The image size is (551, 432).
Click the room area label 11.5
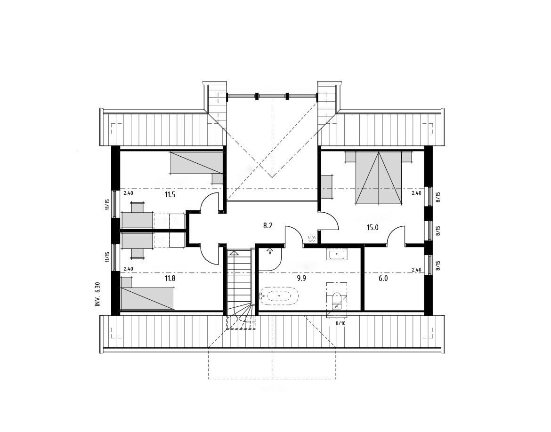click(170, 194)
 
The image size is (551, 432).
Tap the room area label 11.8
click(170, 279)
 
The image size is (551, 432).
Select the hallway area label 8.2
click(268, 226)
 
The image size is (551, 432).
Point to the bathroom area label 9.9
click(301, 279)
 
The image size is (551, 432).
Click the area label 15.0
click(373, 227)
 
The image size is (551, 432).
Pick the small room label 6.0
click(383, 279)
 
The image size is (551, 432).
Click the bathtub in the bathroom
click(279, 296)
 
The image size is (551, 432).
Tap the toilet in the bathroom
click(336, 300)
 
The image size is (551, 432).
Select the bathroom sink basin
click(337, 254)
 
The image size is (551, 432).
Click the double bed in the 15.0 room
click(379, 177)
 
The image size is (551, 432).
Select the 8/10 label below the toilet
click(341, 323)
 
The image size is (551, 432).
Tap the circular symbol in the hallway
click(311, 239)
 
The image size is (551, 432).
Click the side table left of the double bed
click(327, 187)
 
